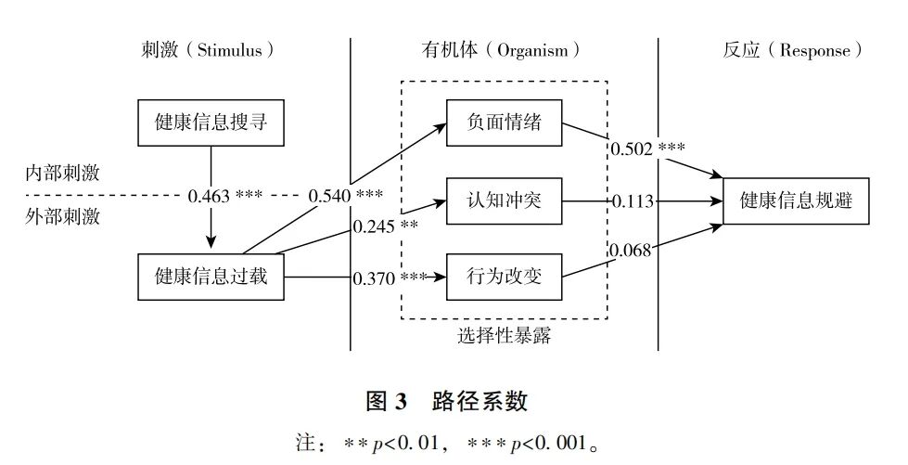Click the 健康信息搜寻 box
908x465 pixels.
tap(211, 123)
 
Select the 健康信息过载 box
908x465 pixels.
tap(211, 276)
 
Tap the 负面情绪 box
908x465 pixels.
tap(505, 123)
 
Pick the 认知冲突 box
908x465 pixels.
tap(505, 200)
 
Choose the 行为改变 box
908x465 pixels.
tap(505, 276)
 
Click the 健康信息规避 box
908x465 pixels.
tap(797, 200)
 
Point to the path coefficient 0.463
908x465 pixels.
tap(210, 196)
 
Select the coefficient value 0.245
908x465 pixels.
tap(374, 226)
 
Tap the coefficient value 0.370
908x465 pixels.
tap(375, 277)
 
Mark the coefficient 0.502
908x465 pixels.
tap(633, 148)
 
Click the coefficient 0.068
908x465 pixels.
tap(632, 249)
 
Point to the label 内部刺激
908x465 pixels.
tap(63, 174)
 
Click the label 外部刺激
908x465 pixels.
tap(63, 219)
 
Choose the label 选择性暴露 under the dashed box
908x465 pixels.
tap(504, 336)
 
